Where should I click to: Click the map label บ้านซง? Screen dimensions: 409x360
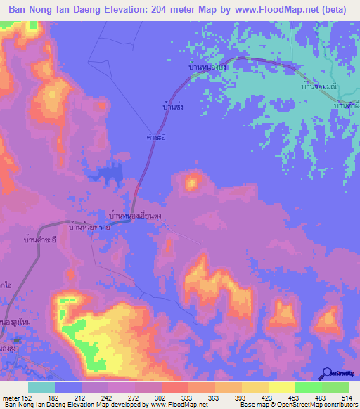(173, 108)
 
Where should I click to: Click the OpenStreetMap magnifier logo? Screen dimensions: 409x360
(328, 373)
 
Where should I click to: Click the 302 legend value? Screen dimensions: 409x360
(160, 397)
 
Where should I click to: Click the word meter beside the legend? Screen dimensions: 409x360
(10, 397)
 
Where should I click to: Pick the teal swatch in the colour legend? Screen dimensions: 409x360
(41, 387)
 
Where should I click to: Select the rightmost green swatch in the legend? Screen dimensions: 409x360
(335, 387)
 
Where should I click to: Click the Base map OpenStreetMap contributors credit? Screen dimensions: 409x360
(297, 405)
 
